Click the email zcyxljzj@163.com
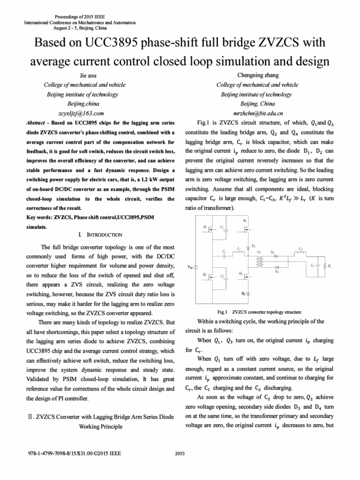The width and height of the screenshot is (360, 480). tap(74, 113)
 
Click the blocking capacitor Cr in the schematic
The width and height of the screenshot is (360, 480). tap(225, 255)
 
